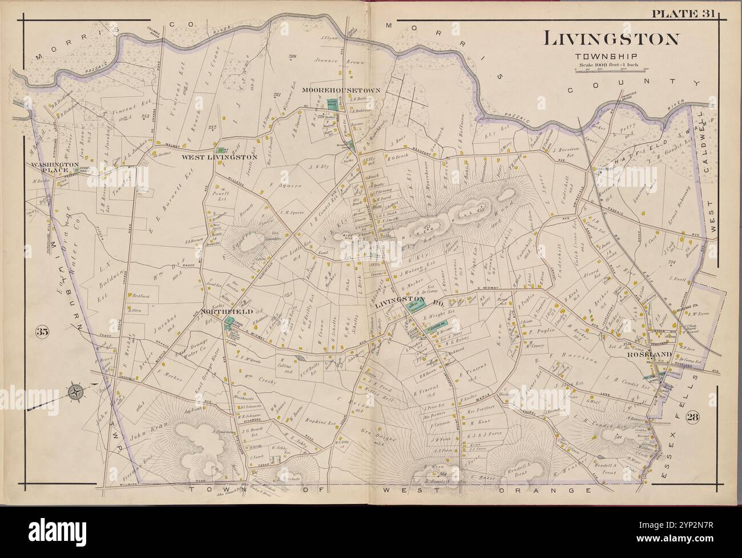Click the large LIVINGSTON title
click(611, 39)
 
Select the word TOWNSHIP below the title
click(611, 56)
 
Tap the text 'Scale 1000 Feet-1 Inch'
click(611, 64)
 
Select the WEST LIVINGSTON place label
click(220, 156)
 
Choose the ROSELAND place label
click(644, 354)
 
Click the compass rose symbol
click(75, 392)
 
